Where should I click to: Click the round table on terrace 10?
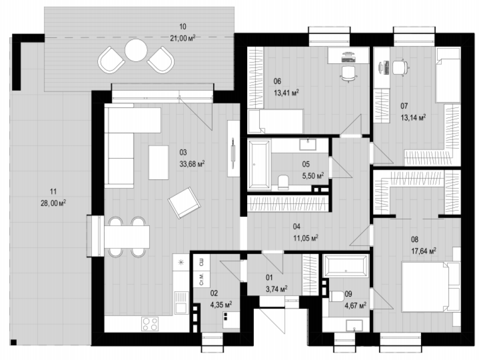(x=136, y=50)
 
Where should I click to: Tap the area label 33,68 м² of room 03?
(x=192, y=164)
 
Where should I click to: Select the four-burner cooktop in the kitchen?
(x=149, y=324)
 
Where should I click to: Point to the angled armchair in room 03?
(x=184, y=202)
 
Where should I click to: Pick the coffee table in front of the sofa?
(x=158, y=163)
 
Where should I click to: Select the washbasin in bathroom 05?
(x=308, y=144)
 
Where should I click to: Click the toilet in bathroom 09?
(x=336, y=296)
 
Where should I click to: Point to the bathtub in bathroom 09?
(x=346, y=266)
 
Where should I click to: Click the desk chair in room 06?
(x=348, y=74)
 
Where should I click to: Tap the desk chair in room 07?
(x=399, y=68)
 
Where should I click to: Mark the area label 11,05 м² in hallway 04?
(x=306, y=238)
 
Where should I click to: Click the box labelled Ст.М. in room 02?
(x=202, y=279)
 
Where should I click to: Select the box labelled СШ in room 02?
(x=202, y=262)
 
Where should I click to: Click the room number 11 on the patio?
(x=53, y=192)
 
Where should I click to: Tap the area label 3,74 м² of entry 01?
(x=276, y=289)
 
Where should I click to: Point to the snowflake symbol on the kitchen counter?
(x=181, y=262)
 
